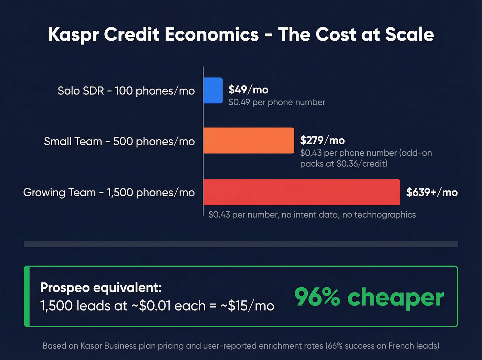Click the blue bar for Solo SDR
pos(213,90)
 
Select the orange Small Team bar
pos(249,141)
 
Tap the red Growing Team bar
pos(302,192)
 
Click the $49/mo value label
pos(248,90)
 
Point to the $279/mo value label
pos(322,141)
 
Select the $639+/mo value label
pos(432,192)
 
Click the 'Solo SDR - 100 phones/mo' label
pos(126,91)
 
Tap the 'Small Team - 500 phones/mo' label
pos(119,142)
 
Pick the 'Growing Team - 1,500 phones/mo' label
pos(109,193)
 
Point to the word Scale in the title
pos(409,35)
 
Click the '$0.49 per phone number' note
pos(277,102)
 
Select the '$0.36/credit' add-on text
pos(361,164)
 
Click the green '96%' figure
pos(317,297)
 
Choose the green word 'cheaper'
pos(396,298)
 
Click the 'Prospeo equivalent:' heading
pos(101,288)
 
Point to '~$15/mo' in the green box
pos(247,306)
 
